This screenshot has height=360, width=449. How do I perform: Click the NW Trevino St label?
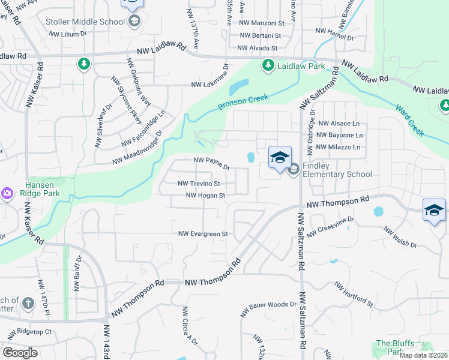pyautogui.click(x=199, y=184)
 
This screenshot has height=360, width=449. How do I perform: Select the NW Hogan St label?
pyautogui.click(x=205, y=195)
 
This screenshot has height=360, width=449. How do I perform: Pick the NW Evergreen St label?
pyautogui.click(x=203, y=233)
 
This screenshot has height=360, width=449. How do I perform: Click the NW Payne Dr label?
pyautogui.click(x=212, y=161)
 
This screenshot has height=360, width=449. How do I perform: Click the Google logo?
pyautogui.click(x=20, y=353)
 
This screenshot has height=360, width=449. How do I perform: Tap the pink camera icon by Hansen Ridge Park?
pyautogui.click(x=7, y=193)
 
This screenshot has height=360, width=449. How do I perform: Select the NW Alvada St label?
pyautogui.click(x=258, y=48)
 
